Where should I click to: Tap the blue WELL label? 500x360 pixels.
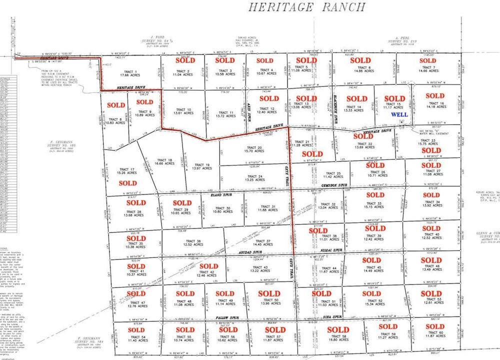400,114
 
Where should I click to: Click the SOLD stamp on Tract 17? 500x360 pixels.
128,183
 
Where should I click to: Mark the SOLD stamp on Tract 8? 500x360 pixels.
115,105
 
